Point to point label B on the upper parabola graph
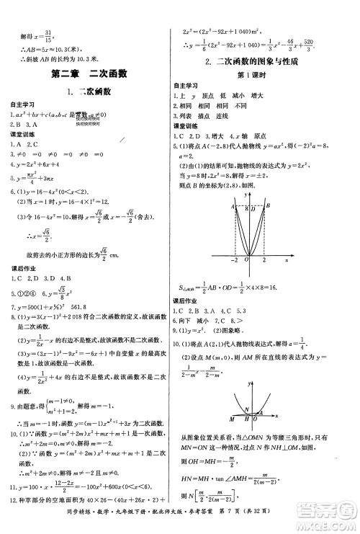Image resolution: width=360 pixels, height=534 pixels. (267, 207)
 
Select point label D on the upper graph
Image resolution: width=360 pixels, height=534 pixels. (252, 207)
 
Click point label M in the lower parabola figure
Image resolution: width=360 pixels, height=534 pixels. (230, 418)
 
